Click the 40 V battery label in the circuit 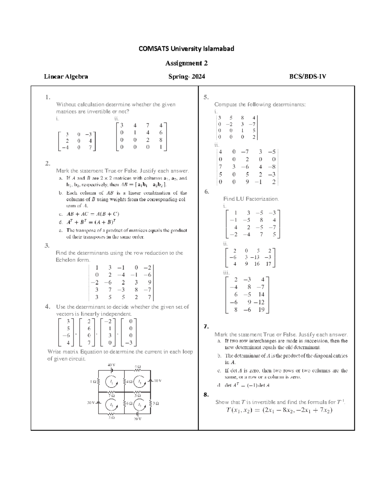(111, 365)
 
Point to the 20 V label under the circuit (137, 419)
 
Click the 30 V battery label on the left (90, 403)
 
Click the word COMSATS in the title (150, 49)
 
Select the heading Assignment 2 (186, 63)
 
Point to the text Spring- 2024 (186, 77)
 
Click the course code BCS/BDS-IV (307, 77)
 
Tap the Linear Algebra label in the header (66, 77)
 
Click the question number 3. (47, 245)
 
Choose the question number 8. (206, 395)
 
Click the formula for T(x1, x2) (279, 410)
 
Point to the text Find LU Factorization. (251, 199)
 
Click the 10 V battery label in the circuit (157, 381)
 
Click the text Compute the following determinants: (260, 104)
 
